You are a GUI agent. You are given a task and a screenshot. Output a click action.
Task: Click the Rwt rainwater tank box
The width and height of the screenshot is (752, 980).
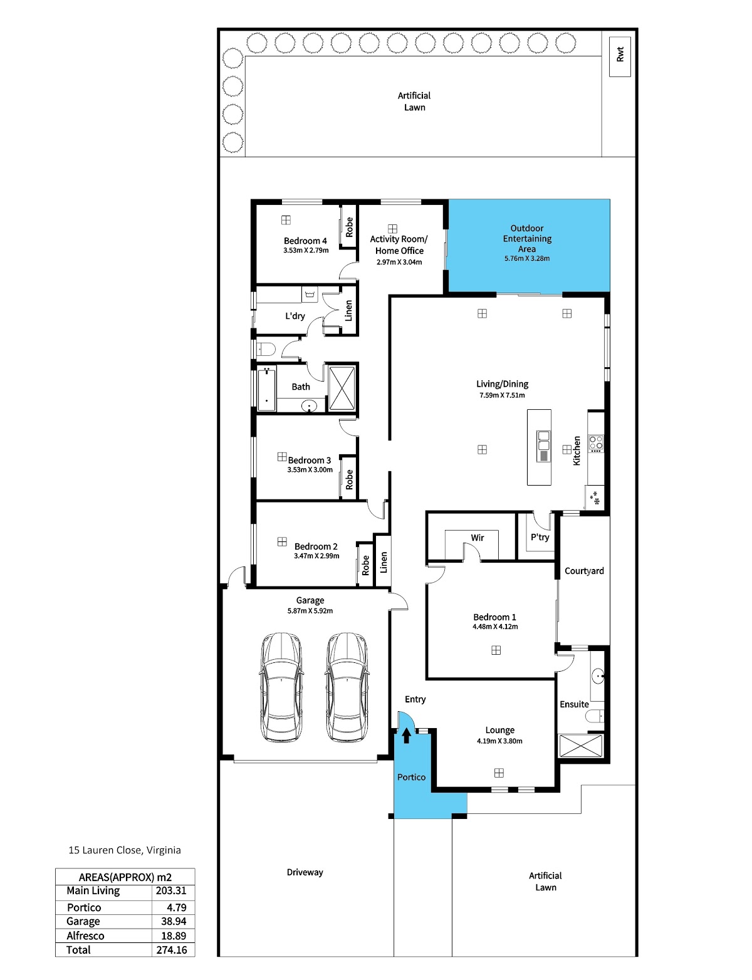[619, 56]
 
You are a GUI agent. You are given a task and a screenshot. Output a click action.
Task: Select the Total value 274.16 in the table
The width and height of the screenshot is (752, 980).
[172, 949]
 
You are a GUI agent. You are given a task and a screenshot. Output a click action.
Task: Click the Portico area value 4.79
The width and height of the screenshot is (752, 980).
[176, 907]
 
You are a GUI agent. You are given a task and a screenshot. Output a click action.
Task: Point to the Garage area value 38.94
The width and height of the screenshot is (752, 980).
[174, 921]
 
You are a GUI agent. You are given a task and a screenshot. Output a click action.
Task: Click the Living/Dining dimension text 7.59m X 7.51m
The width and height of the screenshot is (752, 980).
[502, 395]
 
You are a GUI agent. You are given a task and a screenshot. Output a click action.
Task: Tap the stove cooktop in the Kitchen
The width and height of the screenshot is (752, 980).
[596, 444]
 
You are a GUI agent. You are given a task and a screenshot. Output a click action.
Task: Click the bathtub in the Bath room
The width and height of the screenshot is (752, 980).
[266, 389]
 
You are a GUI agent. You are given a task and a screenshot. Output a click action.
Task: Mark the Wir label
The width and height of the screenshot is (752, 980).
[477, 537]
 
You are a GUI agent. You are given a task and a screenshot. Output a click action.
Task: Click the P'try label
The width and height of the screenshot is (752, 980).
[540, 536]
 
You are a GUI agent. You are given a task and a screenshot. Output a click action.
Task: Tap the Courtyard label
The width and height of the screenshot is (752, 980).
[584, 570]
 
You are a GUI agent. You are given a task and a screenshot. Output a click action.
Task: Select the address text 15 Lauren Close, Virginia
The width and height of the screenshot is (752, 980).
[125, 850]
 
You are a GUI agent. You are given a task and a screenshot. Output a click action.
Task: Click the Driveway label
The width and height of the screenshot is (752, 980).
[305, 872]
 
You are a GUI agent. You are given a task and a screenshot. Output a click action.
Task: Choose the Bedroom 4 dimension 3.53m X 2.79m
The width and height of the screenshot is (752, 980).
[306, 250]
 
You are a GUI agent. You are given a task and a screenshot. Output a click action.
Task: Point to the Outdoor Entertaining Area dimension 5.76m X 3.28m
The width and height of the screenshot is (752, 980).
[526, 258]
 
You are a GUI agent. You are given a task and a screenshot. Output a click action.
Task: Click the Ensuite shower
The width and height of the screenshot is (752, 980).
[581, 746]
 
